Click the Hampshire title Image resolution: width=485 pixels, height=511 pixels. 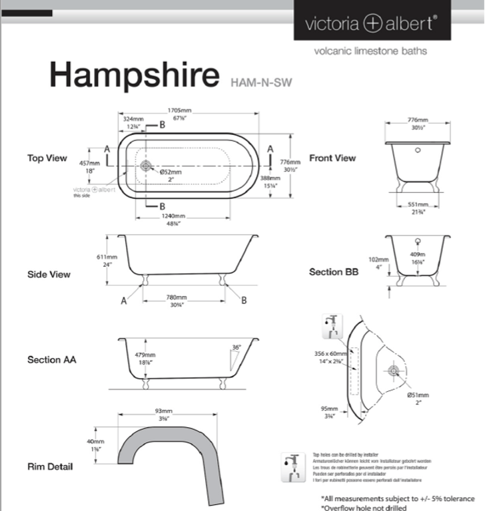tap(133, 76)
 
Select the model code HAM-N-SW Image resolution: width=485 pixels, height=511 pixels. tap(260, 83)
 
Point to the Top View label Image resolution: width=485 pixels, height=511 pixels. tap(47, 158)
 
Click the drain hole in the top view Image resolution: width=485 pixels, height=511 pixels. tap(147, 164)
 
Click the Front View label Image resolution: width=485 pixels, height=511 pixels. tap(332, 158)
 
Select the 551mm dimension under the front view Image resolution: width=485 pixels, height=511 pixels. tap(418, 204)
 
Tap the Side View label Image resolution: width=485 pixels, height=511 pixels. tap(49, 274)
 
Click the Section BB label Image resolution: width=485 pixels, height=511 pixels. tap(334, 272)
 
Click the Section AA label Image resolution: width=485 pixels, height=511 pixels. tap(51, 360)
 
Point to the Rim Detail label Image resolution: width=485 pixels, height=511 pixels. tap(50, 466)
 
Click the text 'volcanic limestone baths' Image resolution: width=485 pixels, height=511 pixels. tap(370, 51)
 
